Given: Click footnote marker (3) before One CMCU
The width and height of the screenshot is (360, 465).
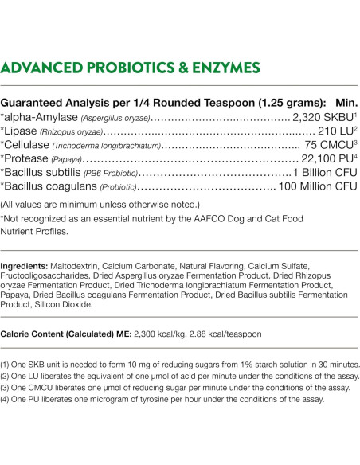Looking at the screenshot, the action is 6,388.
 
